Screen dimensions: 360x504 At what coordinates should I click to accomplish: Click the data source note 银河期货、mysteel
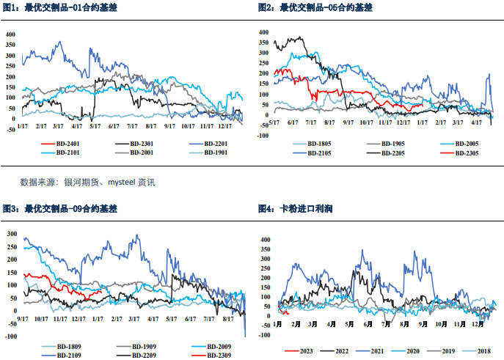point(87,181)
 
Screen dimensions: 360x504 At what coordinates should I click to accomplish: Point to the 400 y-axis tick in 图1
point(10,34)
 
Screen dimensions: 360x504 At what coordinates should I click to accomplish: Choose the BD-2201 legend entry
point(216,142)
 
